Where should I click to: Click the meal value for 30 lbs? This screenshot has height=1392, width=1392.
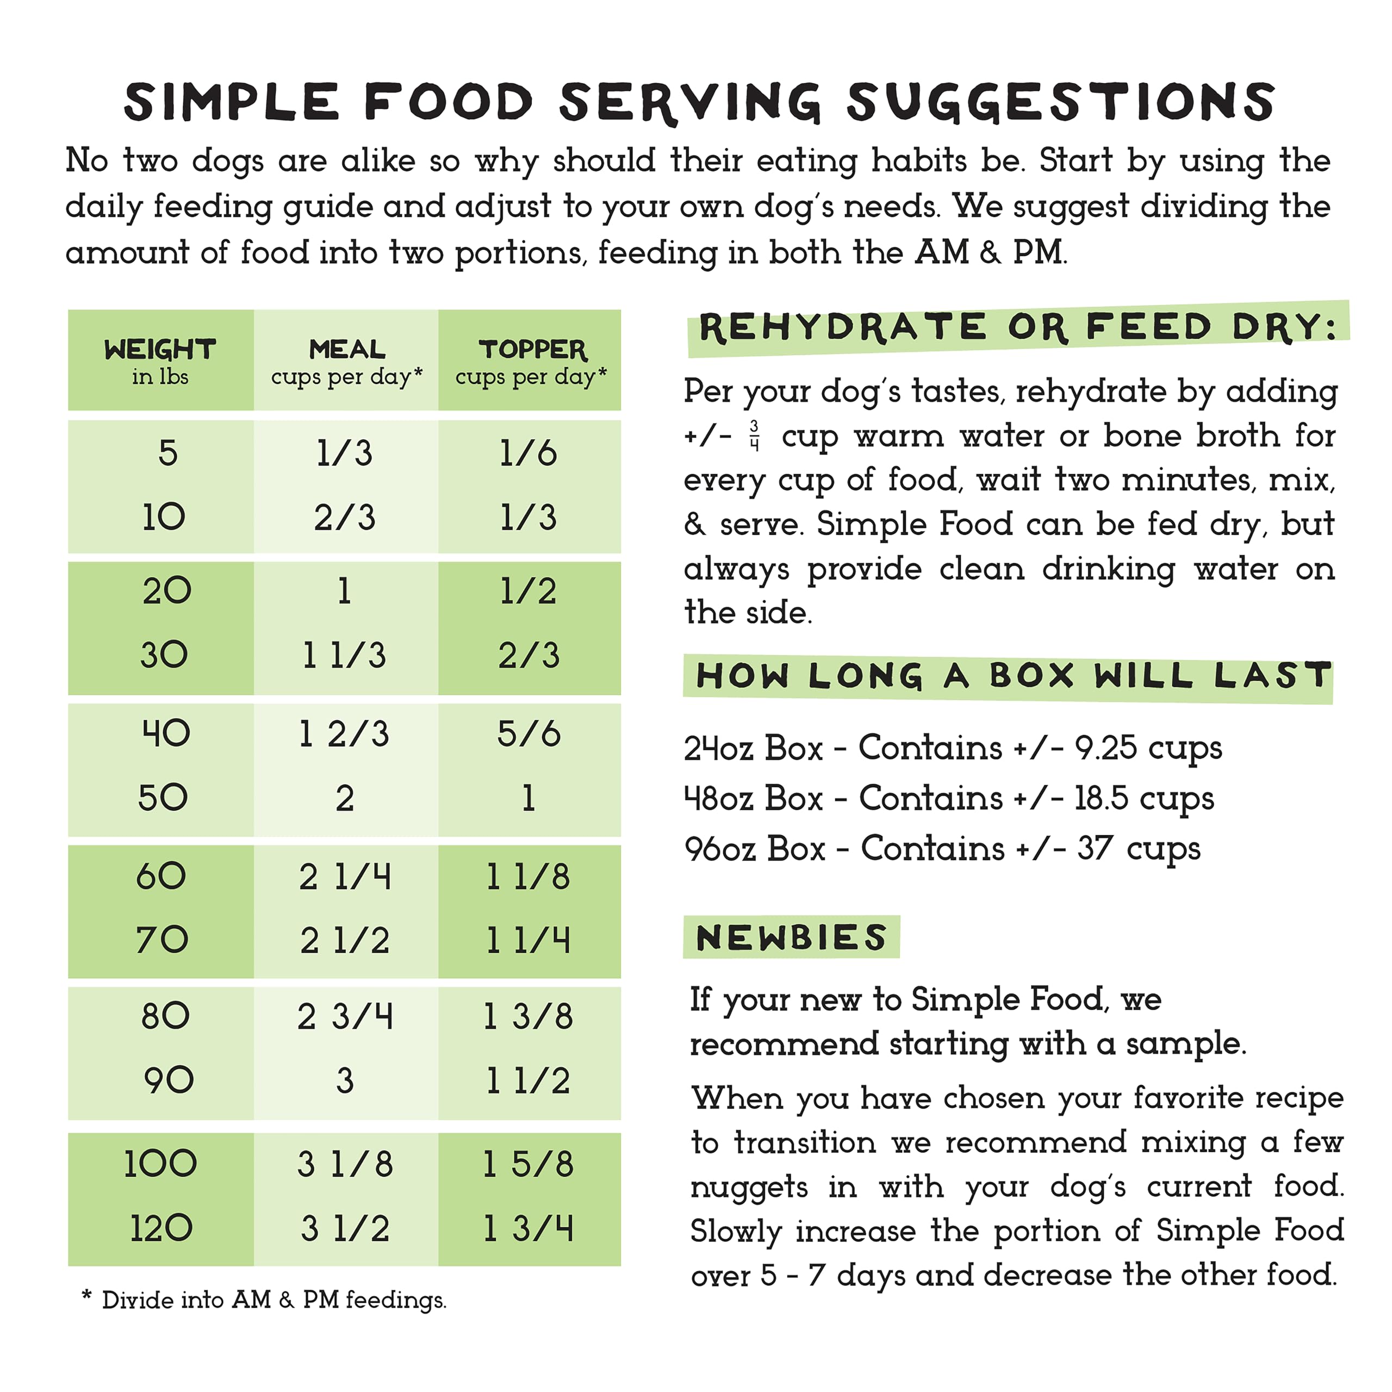pos(344,655)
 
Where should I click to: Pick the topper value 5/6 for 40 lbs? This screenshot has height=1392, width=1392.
pos(528,734)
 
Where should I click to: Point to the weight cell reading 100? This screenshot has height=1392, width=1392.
pos(160,1164)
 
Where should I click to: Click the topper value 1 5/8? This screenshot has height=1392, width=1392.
pos(528,1164)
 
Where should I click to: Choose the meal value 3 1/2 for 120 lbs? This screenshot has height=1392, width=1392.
pos(344,1228)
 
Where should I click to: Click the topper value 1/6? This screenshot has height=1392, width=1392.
pos(528,453)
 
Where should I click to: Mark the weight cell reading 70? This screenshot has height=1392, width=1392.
pos(162,940)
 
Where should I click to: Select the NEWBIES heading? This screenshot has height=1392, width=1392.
pos(791,938)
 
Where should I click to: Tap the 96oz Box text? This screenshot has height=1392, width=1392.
pos(754,849)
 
